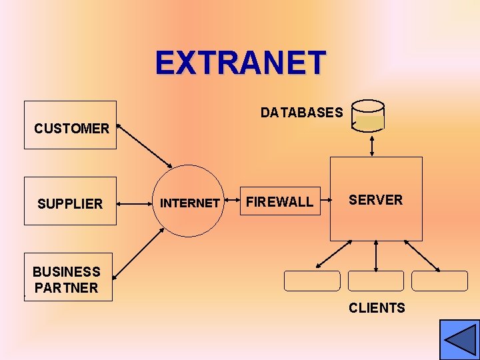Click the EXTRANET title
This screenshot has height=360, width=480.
coord(241,63)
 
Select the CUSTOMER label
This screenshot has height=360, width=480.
coord(71,129)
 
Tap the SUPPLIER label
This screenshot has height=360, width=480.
coord(70,204)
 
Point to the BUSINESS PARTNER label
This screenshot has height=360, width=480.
coord(66,280)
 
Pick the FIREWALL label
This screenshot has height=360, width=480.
coord(280,202)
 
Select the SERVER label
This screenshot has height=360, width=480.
coord(376,200)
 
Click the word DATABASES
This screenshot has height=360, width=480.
coord(301,113)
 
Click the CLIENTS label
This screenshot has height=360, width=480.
coord(377,308)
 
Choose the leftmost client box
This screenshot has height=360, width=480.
coord(312,281)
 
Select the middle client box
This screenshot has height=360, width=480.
coord(376,281)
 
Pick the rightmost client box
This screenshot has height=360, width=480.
coord(439,281)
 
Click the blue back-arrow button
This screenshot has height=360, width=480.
coord(459,339)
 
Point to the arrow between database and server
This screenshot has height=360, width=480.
coord(372,144)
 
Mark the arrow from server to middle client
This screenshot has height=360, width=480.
coord(377,255)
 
